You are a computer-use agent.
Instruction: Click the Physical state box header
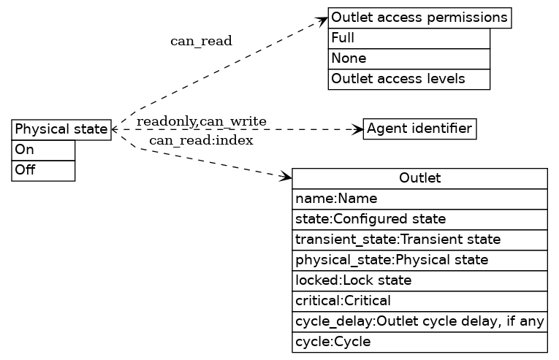click(61, 129)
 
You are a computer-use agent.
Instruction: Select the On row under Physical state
click(43, 150)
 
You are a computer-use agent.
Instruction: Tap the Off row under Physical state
click(43, 170)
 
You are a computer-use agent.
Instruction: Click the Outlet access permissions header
click(419, 18)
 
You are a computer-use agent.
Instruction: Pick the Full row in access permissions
click(408, 38)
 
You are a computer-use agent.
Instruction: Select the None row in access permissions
click(408, 58)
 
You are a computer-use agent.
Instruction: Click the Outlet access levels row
click(408, 79)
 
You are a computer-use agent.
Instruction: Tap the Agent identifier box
click(419, 129)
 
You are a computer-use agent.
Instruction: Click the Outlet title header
click(419, 178)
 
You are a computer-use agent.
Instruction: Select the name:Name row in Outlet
click(419, 199)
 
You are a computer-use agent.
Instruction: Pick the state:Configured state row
click(419, 219)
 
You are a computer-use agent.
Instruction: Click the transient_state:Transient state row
click(419, 240)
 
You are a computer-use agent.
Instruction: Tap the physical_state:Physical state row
click(419, 260)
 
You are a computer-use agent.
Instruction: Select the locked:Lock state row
click(419, 280)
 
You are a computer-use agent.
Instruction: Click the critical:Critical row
click(419, 301)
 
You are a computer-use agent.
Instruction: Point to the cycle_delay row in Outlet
click(419, 321)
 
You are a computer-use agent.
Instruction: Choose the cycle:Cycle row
click(419, 342)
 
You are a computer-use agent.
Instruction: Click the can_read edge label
click(201, 41)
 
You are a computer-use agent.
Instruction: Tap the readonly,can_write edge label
click(201, 120)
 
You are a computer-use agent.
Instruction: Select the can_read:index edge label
click(201, 140)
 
